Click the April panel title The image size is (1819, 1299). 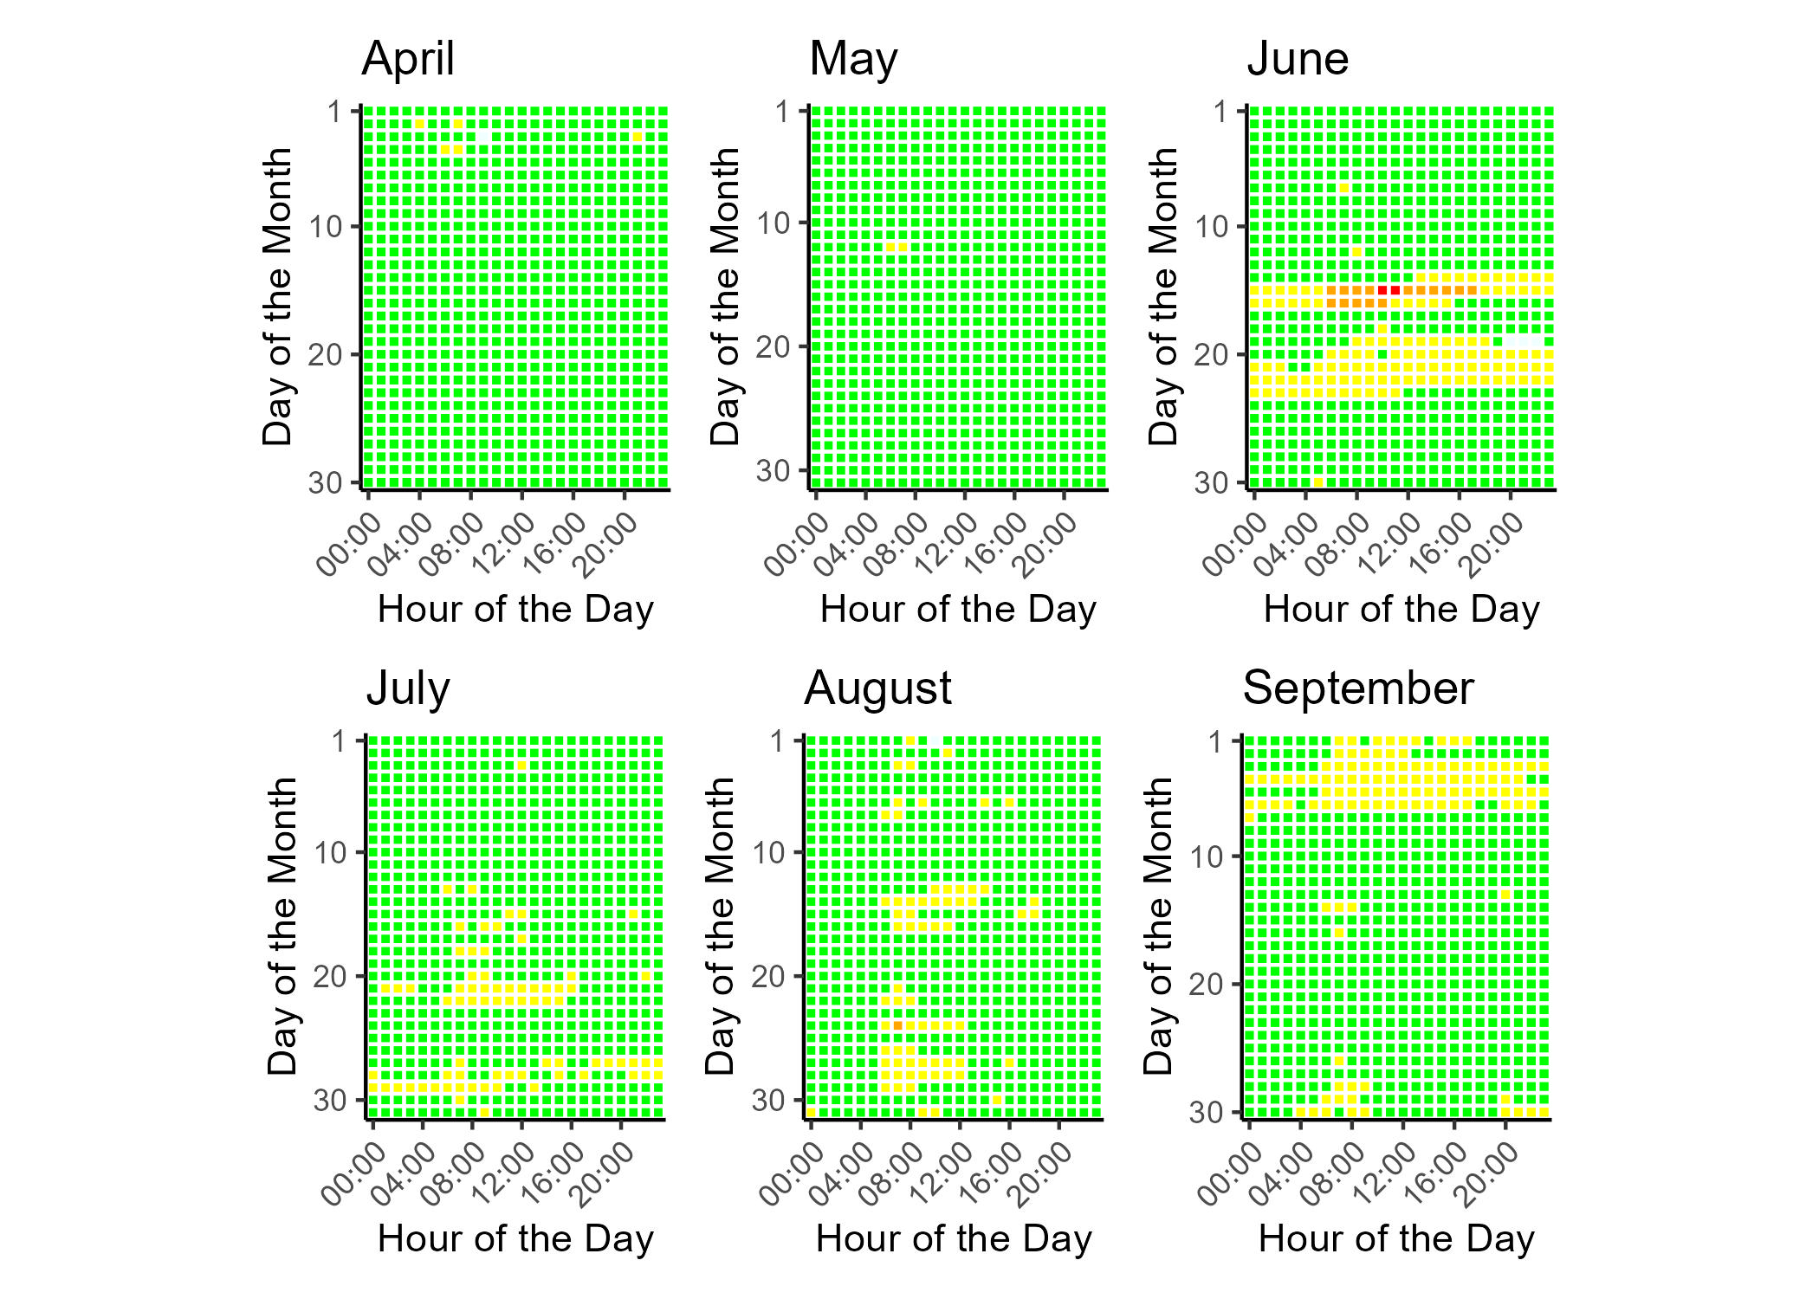[x=408, y=60]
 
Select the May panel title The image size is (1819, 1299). [x=853, y=60]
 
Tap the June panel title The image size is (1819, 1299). [x=1298, y=60]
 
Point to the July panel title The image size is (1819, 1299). [x=408, y=689]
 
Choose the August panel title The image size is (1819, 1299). [x=877, y=689]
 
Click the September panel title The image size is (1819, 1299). [x=1357, y=689]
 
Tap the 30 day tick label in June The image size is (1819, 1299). [x=1211, y=482]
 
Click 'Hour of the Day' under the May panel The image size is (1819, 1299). [x=958, y=610]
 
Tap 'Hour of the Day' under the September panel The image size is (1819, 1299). [x=1396, y=1239]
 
